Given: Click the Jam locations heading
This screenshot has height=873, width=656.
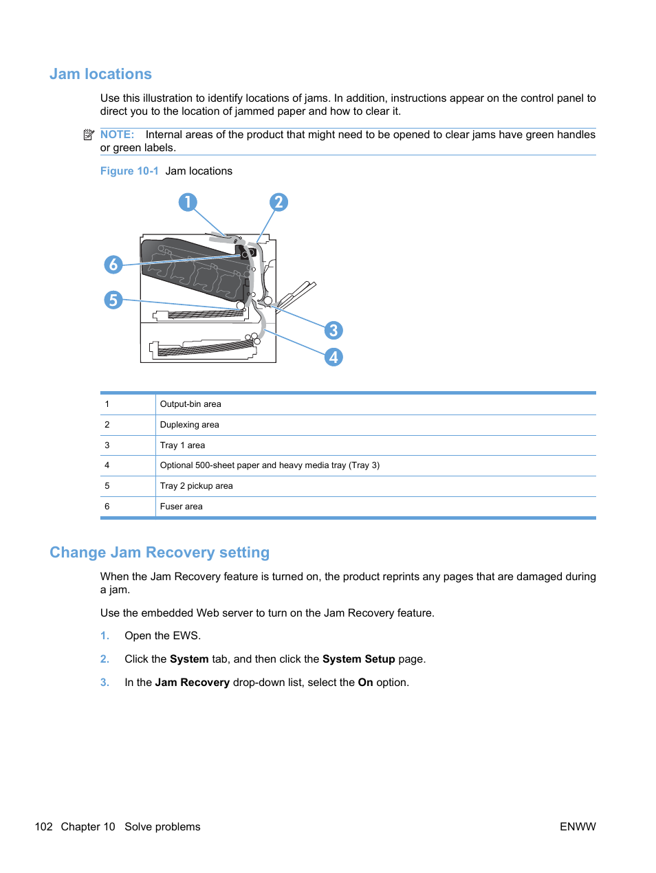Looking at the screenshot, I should tap(100, 74).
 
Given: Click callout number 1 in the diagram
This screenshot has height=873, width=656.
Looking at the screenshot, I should tap(188, 202).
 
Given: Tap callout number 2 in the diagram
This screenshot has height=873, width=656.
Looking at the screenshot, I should tap(278, 202).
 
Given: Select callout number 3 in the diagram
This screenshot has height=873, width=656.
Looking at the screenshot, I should tap(334, 331).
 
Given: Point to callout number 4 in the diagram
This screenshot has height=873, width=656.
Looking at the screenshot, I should tap(334, 357).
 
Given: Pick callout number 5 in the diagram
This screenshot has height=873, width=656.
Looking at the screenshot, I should tap(113, 300).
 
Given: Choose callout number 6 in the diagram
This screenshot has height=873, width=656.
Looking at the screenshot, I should tap(113, 265).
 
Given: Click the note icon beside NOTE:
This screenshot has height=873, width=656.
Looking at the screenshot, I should tap(89, 135).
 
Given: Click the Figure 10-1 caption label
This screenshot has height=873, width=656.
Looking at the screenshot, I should tap(129, 171).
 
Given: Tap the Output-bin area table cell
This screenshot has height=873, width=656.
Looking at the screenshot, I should tap(190, 404).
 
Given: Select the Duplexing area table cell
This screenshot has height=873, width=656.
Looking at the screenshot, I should tap(189, 425).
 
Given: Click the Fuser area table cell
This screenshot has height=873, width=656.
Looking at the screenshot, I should tap(181, 507).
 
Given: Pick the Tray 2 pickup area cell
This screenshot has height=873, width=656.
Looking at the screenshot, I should tap(196, 486).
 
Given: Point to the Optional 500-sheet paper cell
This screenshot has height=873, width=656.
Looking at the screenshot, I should tap(270, 465).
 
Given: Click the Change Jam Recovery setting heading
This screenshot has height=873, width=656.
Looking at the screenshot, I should tap(160, 553).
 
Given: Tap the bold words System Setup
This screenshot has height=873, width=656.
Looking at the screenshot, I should tap(358, 659).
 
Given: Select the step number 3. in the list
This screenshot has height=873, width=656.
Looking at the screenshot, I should tap(105, 683).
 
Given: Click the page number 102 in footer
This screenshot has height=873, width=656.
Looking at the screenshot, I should tap(43, 827).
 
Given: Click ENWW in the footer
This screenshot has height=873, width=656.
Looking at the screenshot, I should tap(578, 827).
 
